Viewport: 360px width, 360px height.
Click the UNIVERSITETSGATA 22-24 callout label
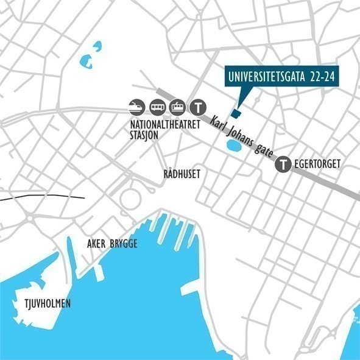pos(281,77)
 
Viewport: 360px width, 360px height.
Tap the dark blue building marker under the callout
pos(236,113)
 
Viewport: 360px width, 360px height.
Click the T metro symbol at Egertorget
pos(283,163)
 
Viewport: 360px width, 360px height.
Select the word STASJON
pos(144,135)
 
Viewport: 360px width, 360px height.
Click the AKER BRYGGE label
pos(112,244)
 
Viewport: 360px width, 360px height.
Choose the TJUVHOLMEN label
pos(38,304)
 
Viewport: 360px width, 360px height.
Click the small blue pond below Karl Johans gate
pos(232,147)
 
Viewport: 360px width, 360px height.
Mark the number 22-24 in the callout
pos(320,77)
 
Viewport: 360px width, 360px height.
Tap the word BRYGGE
pos(124,244)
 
